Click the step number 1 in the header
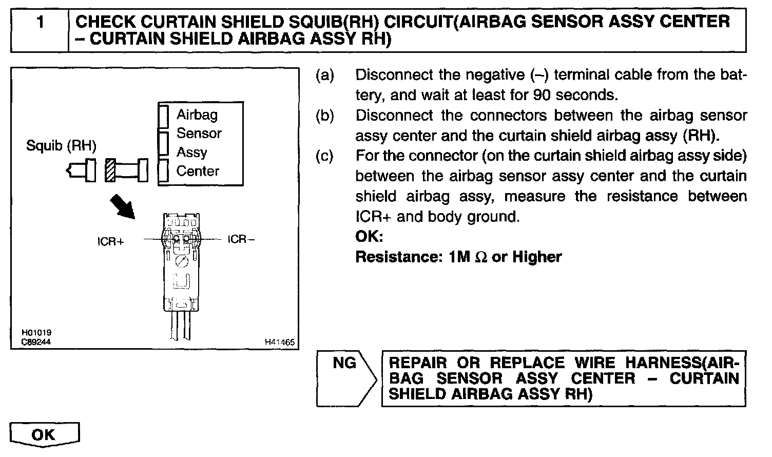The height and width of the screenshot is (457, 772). click(40, 23)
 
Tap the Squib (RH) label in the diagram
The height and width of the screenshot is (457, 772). click(61, 146)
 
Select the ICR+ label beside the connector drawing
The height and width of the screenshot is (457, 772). click(110, 241)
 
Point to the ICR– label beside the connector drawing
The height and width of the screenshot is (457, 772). click(241, 239)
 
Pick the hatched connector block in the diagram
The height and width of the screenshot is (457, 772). click(110, 170)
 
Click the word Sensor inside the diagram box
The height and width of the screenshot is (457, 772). click(199, 134)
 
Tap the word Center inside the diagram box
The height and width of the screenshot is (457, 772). click(198, 171)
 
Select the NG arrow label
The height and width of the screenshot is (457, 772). click(344, 363)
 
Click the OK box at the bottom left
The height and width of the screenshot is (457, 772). click(44, 435)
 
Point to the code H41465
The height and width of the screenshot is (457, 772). click(280, 342)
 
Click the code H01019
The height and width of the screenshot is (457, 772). click(36, 333)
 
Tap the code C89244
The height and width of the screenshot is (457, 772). click(36, 341)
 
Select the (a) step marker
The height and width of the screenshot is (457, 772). click(324, 75)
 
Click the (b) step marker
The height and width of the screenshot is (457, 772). click(324, 116)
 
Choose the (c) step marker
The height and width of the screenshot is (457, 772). click(324, 156)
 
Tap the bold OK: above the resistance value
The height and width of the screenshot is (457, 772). click(369, 237)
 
